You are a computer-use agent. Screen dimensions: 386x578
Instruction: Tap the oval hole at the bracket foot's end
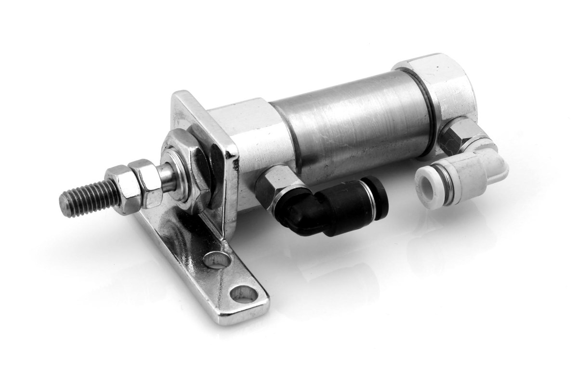coord(244,292)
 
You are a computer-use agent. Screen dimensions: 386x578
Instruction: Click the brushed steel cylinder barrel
coord(352,121)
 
